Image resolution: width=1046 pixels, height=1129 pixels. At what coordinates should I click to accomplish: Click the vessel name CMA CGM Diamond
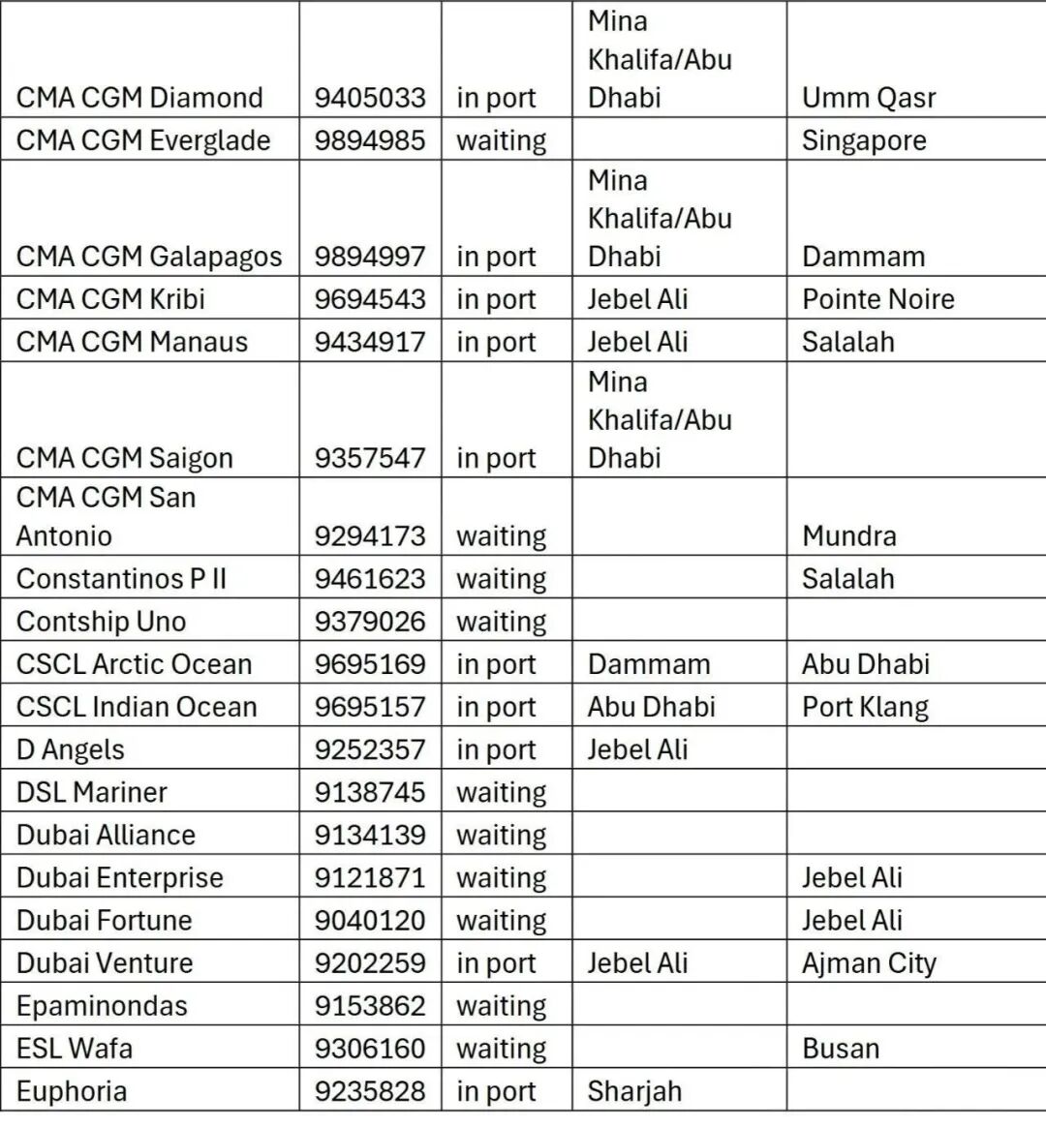pyautogui.click(x=139, y=98)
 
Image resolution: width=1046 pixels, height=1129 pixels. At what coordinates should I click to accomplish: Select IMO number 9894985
pyautogui.click(x=369, y=140)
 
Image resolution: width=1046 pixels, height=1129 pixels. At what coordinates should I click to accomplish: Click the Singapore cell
pyautogui.click(x=864, y=140)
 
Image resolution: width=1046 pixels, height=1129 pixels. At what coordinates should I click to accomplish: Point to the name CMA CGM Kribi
pyautogui.click(x=110, y=299)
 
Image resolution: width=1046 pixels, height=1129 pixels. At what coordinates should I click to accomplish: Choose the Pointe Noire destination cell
pyautogui.click(x=877, y=299)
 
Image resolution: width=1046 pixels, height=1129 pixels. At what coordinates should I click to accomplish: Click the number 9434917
pyautogui.click(x=369, y=342)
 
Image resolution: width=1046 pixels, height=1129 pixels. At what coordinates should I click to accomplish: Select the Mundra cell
pyautogui.click(x=848, y=535)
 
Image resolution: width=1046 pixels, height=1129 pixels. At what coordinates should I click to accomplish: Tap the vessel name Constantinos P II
pyautogui.click(x=121, y=579)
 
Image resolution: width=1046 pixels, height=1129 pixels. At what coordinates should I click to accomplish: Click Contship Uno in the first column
pyautogui.click(x=101, y=622)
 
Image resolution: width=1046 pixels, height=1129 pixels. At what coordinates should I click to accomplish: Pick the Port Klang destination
pyautogui.click(x=865, y=707)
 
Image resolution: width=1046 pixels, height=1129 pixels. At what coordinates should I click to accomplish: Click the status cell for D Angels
pyautogui.click(x=496, y=749)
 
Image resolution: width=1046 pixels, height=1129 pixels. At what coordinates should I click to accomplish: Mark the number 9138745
pyautogui.click(x=369, y=792)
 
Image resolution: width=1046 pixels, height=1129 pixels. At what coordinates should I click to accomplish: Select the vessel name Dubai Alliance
pyautogui.click(x=106, y=835)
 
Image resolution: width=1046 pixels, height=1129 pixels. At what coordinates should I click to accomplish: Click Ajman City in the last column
pyautogui.click(x=869, y=963)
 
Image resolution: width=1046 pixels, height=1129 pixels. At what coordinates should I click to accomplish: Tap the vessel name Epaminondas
pyautogui.click(x=102, y=1006)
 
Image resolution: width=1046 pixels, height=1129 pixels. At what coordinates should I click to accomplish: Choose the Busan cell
pyautogui.click(x=841, y=1049)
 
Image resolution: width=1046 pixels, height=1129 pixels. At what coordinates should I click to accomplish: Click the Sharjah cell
pyautogui.click(x=634, y=1091)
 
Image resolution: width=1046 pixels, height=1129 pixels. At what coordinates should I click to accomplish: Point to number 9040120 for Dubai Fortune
pyautogui.click(x=369, y=920)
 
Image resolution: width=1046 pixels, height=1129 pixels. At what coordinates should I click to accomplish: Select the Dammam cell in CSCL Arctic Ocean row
pyautogui.click(x=648, y=664)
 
